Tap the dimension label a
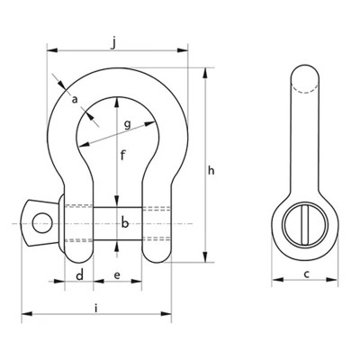(x=75, y=97)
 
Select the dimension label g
(x=128, y=123)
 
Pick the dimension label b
(x=124, y=223)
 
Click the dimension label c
(x=306, y=274)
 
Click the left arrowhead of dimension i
(x=25, y=315)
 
